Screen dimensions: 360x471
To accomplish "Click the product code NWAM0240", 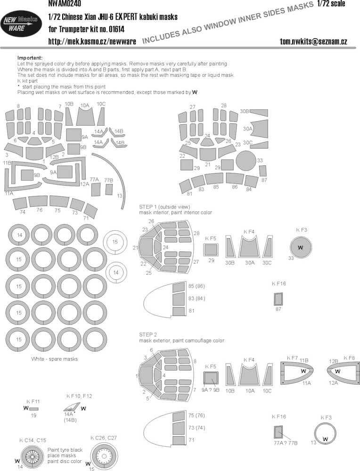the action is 64,4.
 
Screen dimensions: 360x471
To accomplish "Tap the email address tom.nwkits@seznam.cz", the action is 313,41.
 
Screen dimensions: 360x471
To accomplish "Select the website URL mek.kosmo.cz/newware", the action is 92,41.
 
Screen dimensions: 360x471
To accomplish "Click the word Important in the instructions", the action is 30,57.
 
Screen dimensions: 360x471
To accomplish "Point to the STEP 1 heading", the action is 164,207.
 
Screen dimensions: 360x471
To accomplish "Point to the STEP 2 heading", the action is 148,334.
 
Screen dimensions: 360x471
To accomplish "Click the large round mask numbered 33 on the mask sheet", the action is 246,161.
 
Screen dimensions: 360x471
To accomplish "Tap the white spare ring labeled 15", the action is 115,242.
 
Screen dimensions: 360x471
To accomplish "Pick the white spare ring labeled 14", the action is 116,273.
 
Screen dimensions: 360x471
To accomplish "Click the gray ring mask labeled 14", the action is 19,235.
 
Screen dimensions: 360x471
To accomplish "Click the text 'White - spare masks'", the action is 54,359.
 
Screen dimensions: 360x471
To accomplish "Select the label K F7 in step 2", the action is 293,358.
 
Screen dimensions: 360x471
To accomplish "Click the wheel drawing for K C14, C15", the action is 32,456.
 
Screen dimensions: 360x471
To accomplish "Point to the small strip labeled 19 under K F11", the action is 33,408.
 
